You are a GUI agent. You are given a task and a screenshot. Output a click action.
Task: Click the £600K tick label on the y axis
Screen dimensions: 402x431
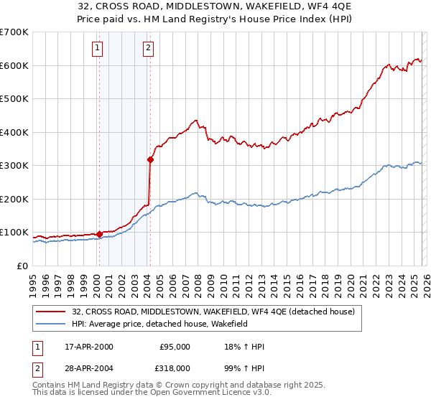[x=14, y=65]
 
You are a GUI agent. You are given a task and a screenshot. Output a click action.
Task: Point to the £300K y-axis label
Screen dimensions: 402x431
[x=14, y=166]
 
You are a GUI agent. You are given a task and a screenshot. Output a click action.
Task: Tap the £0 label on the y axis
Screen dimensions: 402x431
[x=22, y=266]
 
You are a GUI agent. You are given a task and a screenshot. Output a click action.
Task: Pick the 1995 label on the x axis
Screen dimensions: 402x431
[x=32, y=281]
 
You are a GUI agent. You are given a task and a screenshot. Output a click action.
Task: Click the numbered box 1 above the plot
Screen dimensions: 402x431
[x=97, y=48]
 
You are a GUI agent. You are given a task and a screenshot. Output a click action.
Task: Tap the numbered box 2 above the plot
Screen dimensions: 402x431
[x=148, y=48]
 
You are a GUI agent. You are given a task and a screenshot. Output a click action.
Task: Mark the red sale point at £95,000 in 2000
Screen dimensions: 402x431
[x=99, y=234]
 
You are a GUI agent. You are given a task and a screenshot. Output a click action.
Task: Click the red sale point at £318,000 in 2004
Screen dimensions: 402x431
[x=150, y=159]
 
